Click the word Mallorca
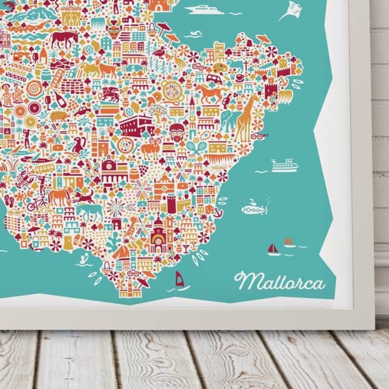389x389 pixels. tap(279, 281)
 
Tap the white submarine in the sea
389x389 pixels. tap(254, 209)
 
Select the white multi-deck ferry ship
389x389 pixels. tap(284, 165)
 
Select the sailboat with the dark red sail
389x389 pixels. tap(274, 249)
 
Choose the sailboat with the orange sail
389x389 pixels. tap(289, 242)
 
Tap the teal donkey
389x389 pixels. tap(90, 211)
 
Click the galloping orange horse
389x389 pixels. tap(208, 92)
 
